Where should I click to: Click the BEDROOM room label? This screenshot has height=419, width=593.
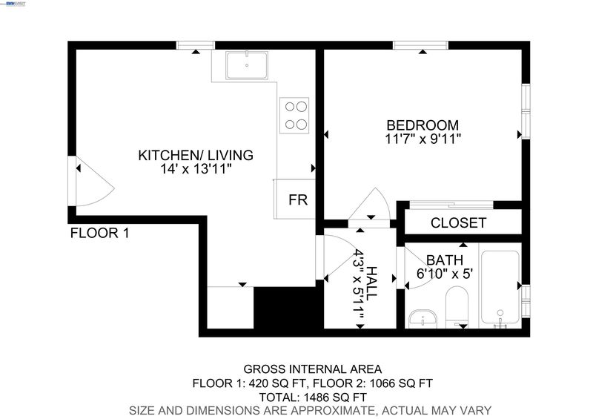pos(423,125)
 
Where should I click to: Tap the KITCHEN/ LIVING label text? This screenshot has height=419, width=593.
pos(196,155)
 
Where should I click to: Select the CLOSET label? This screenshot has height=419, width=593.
pos(458,223)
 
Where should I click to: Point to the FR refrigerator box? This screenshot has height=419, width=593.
pos(294,199)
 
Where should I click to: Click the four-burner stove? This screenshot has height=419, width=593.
pos(294,116)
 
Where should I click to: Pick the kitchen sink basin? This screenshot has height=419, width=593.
pos(247,65)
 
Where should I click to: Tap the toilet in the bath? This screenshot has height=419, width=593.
pos(457,307)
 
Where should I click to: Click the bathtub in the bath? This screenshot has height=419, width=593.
pos(500,287)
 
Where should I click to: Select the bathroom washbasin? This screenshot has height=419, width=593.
pos(423,319)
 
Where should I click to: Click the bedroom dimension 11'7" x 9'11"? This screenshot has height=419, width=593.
pos(423,139)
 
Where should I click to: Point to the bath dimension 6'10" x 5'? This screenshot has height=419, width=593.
pos(444,274)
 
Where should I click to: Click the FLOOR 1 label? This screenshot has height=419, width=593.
pos(100,233)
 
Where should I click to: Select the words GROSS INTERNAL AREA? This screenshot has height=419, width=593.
pos(312,369)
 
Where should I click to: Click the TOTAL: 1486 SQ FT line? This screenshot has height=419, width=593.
pos(313,397)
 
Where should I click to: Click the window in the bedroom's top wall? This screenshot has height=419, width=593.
pos(420,45)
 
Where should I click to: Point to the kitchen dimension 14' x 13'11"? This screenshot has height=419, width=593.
pos(196,169)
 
